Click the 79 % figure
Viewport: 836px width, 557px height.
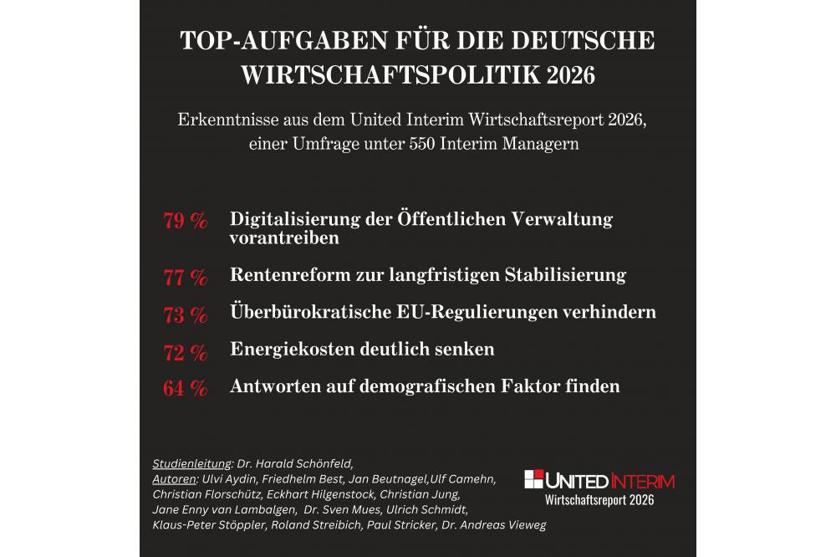click(x=185, y=222)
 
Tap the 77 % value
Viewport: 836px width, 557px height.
click(x=185, y=277)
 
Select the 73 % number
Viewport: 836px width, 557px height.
click(x=185, y=314)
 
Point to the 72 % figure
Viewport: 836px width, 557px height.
click(x=185, y=352)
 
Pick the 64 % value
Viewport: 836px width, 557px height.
click(x=185, y=389)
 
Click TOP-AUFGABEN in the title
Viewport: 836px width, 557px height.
click(x=277, y=41)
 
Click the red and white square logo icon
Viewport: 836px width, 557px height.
click(x=533, y=479)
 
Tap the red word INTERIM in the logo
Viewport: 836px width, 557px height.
click(x=643, y=481)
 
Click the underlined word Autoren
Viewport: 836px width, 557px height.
click(x=174, y=479)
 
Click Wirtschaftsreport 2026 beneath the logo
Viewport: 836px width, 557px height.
click(x=599, y=500)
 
